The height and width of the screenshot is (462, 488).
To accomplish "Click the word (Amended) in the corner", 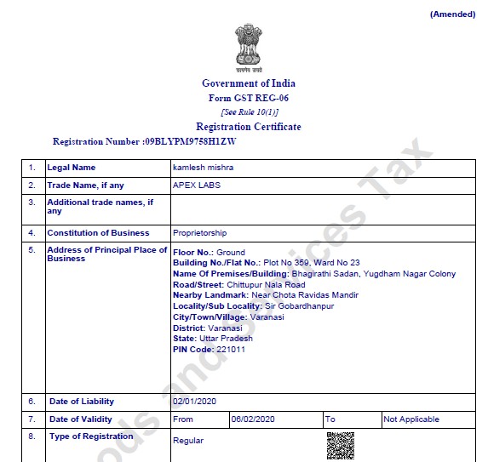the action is click(452, 14).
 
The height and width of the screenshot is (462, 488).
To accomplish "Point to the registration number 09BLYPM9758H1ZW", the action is click(191, 141).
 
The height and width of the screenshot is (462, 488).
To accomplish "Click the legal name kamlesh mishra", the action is click(203, 168).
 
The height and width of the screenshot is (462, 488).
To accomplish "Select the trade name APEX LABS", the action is click(197, 185).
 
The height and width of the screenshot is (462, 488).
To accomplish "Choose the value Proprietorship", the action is click(200, 233).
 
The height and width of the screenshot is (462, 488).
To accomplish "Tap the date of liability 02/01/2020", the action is click(196, 402).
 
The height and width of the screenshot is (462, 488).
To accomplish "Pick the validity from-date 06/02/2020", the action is click(253, 419).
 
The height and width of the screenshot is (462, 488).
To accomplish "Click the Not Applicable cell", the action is click(412, 419).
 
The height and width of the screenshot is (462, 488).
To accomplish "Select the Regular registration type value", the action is click(188, 441).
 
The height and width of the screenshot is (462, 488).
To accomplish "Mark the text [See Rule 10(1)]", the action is click(250, 112).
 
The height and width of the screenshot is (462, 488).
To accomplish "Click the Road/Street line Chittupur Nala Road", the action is click(239, 285).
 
